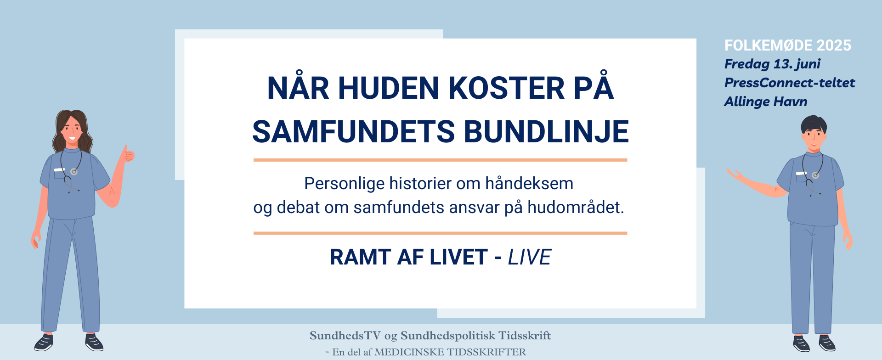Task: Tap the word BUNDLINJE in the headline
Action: pyautogui.click(x=546, y=131)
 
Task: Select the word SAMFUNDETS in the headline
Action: pyautogui.click(x=354, y=131)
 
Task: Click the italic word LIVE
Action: pyautogui.click(x=529, y=257)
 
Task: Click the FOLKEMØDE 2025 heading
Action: pyautogui.click(x=788, y=45)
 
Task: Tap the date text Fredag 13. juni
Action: pyautogui.click(x=772, y=64)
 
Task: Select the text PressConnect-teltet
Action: pyautogui.click(x=790, y=83)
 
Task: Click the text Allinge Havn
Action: pyautogui.click(x=766, y=101)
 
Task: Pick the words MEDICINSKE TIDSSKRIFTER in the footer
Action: pyautogui.click(x=450, y=352)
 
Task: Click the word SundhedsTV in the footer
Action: pyautogui.click(x=345, y=336)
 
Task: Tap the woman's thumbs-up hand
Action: pyautogui.click(x=127, y=154)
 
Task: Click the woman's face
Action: pyautogui.click(x=72, y=129)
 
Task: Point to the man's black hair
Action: pyautogui.click(x=814, y=124)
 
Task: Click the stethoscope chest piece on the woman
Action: pyautogui.click(x=73, y=172)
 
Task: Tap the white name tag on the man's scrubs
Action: pyautogui.click(x=801, y=173)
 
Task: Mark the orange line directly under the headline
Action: pyautogui.click(x=440, y=160)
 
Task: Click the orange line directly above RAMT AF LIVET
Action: pyautogui.click(x=440, y=233)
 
